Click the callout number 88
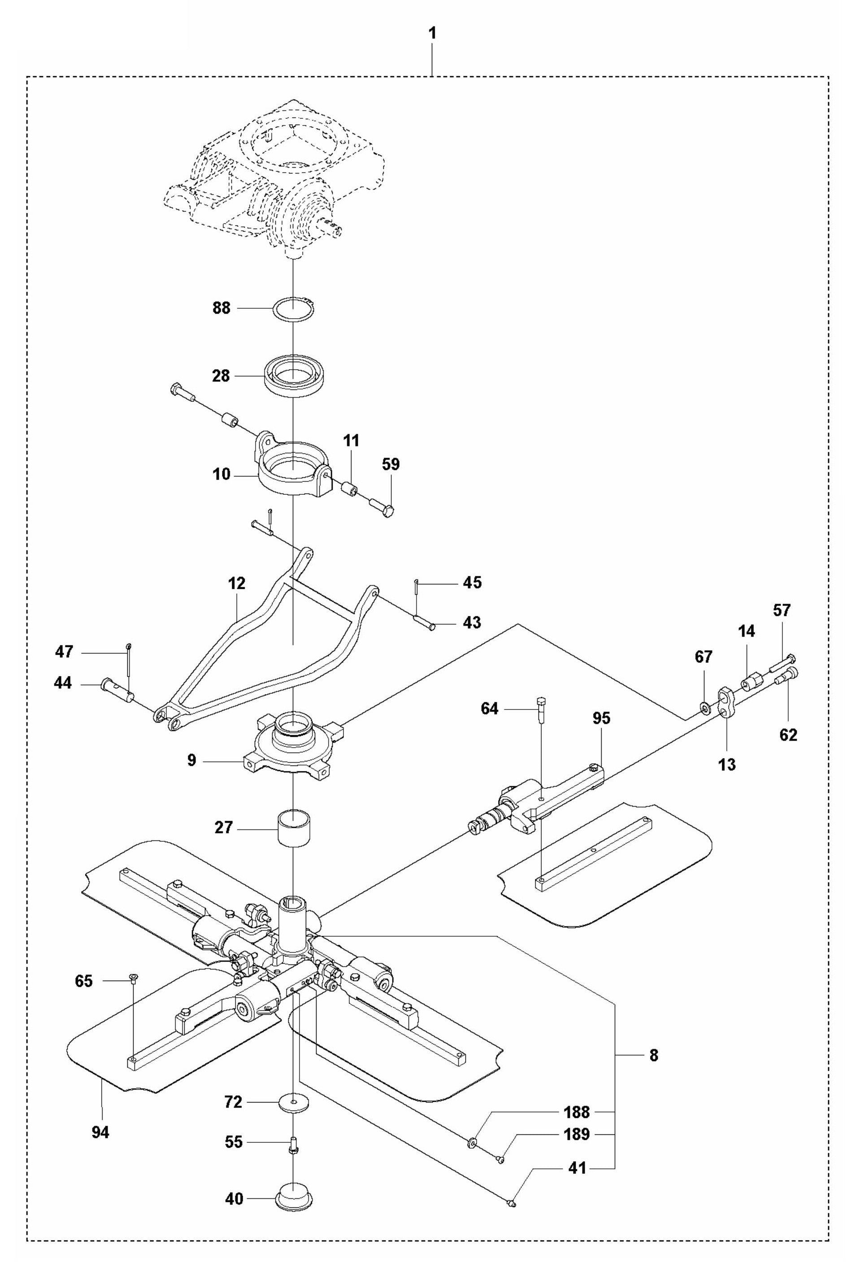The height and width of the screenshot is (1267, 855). pos(221,308)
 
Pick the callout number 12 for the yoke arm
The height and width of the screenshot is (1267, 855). pos(237,584)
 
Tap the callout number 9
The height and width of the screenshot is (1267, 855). pos(191,760)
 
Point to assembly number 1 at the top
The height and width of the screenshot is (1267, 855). pos(432,34)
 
